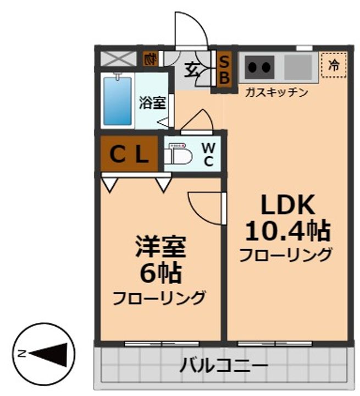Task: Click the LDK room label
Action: pos(286,206)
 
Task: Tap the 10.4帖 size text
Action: pos(286,232)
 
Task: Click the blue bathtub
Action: pos(118,101)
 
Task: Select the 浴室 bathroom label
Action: pos(152,102)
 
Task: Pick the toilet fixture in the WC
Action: pos(179,155)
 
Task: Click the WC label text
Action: pos(208,154)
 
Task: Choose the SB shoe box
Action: pos(224,69)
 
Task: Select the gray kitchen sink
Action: pos(298,67)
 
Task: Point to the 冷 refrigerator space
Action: pos(334,65)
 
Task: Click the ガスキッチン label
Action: pos(276,92)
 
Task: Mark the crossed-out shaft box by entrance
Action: pos(116,58)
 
